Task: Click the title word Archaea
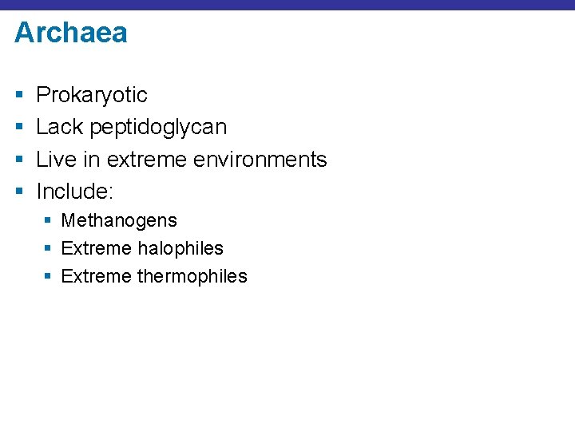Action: [70, 33]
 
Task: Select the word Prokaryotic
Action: [92, 95]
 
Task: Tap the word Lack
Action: [60, 127]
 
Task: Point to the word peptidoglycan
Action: [158, 128]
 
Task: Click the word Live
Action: [56, 160]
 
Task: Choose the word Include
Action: [73, 192]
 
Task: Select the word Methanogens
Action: [119, 220]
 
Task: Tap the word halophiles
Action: [180, 248]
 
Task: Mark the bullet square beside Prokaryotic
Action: [18, 96]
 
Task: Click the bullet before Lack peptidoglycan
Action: [18, 128]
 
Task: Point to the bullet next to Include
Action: [18, 192]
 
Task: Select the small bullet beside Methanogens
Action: [48, 221]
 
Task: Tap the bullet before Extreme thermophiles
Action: [48, 277]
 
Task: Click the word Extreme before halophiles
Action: [96, 248]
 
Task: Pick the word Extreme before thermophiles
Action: [96, 276]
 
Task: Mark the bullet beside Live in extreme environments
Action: [18, 160]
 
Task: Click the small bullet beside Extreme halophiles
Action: [48, 249]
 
